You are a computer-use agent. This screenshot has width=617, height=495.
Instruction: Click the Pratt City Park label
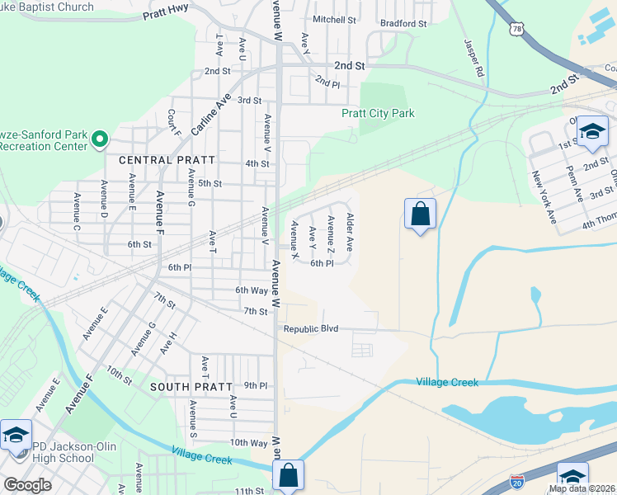pos(378,113)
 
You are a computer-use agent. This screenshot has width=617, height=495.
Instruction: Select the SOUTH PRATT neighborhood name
pos(181,386)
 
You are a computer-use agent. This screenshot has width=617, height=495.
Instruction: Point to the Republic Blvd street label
pos(311,328)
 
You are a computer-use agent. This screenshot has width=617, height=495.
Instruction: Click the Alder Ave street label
pos(351,232)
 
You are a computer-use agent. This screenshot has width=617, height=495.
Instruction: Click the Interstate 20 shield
pos(517,479)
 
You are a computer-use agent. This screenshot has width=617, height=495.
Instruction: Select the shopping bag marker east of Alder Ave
pos(420,214)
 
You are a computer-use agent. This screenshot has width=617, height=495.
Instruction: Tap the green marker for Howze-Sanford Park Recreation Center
pos(99,139)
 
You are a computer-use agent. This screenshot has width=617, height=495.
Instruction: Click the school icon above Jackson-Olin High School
pos(16,436)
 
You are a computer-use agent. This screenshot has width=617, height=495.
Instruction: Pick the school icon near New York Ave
pos(592,132)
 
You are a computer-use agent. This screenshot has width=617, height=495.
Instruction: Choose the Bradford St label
pos(403,24)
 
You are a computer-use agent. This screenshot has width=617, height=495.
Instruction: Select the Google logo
pos(27,485)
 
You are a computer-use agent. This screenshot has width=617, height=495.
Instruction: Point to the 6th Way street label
pos(252,290)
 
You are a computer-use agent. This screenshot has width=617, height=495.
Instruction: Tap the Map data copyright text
pos(582,488)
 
